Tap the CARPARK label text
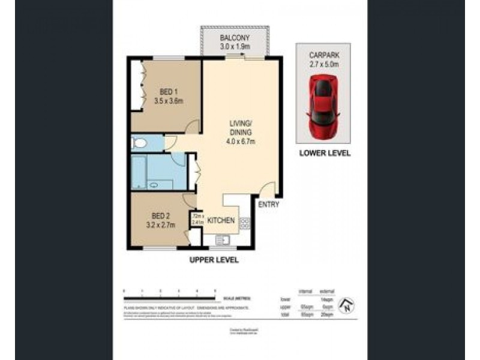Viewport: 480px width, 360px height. pyautogui.click(x=325, y=53)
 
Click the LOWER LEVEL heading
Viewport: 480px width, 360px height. pyautogui.click(x=325, y=153)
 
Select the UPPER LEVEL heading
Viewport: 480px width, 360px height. pyautogui.click(x=214, y=260)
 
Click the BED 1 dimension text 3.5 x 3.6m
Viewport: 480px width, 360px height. pyautogui.click(x=168, y=101)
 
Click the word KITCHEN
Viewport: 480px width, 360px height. pyautogui.click(x=221, y=221)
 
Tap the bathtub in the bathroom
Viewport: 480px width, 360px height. pyautogui.click(x=139, y=172)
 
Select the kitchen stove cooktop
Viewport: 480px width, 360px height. pyautogui.click(x=245, y=224)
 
